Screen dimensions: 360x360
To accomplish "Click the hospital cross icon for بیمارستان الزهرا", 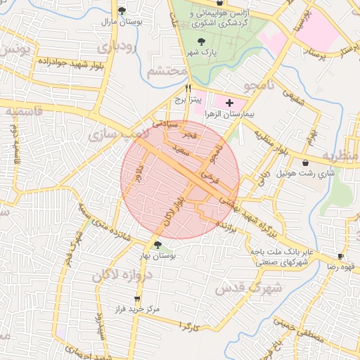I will tap(228, 103).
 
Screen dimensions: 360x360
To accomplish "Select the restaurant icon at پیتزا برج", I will tap(188, 88).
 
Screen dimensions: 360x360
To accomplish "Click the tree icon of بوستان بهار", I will tap(158, 245).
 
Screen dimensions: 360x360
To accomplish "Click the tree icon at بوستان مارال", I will tap(122, 11).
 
